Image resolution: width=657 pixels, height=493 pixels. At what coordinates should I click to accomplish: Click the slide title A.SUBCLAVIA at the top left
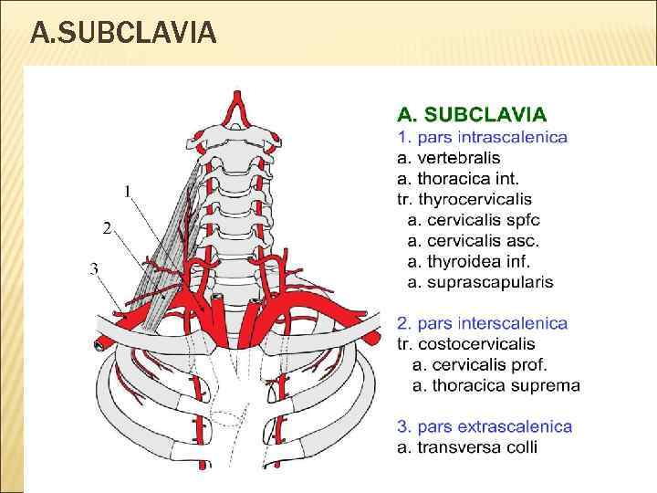123,34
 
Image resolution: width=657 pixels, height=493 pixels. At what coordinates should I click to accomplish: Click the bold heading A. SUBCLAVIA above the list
472,114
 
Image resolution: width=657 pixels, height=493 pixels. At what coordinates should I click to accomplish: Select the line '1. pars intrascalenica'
481,138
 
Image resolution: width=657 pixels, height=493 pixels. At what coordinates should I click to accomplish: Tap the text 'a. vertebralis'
448,158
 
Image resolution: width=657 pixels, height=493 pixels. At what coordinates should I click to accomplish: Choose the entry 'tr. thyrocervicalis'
464,199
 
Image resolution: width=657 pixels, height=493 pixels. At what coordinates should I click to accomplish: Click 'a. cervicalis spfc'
474,220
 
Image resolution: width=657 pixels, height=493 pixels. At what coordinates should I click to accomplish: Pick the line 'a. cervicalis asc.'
474,241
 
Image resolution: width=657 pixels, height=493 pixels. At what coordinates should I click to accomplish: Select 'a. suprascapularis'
480,282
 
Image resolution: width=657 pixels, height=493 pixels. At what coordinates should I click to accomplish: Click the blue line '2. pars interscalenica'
482,323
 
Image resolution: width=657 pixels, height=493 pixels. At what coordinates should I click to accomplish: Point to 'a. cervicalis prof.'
480,364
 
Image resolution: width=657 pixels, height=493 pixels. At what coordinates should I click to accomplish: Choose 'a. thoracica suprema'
495,384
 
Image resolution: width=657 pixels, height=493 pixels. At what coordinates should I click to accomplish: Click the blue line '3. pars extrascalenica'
484,426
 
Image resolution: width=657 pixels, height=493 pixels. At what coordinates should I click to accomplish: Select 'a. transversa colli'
466,446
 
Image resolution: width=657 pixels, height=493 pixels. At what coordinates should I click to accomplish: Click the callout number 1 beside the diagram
129,190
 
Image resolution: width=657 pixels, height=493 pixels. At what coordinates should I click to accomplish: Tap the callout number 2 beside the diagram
107,228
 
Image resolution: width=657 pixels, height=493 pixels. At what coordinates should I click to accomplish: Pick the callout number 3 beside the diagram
95,267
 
